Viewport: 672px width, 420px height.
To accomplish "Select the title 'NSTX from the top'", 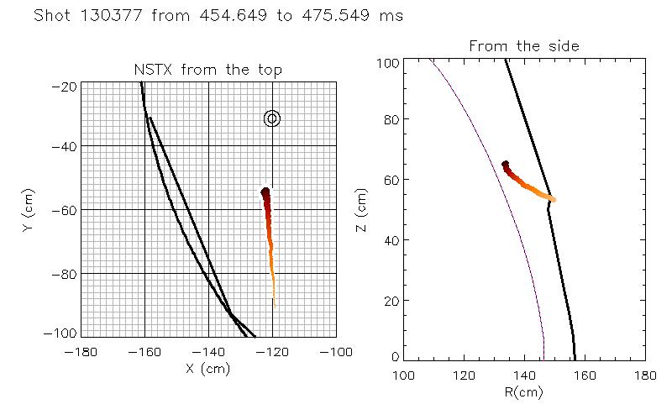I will (208, 71).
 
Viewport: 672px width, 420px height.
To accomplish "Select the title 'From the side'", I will (523, 46).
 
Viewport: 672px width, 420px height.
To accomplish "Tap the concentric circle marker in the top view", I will (271, 118).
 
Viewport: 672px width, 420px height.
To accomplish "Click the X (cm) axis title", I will (208, 367).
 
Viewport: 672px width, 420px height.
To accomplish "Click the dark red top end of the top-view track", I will (265, 192).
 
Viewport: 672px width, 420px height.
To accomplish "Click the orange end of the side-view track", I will (552, 199).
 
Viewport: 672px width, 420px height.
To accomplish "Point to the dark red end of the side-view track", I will (505, 165).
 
